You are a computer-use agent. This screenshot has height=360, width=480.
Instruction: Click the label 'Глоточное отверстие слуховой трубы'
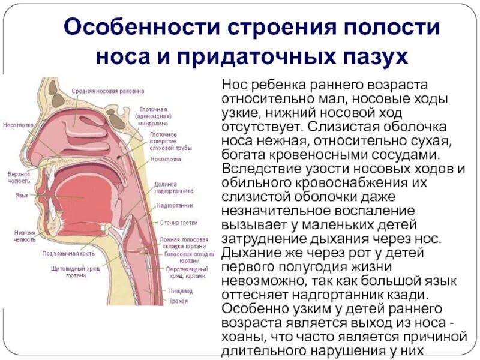coord(163,140)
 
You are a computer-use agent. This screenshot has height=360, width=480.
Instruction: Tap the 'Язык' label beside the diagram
coord(21,195)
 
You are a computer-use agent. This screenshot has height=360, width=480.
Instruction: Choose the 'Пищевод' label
coord(181,291)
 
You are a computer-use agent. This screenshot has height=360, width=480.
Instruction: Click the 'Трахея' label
coord(178,301)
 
